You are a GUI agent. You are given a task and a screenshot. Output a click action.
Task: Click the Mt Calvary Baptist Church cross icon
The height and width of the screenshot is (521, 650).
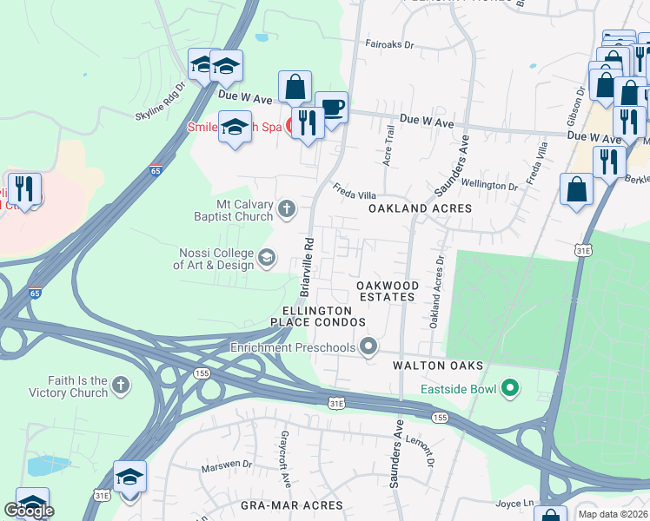click(x=287, y=208)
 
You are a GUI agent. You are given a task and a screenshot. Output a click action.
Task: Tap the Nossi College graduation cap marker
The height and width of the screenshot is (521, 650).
click(x=267, y=257)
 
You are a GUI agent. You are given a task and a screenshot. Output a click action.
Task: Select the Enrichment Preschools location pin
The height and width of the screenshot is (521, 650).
click(x=368, y=347)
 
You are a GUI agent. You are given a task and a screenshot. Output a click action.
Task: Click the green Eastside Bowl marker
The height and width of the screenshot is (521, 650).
click(x=510, y=388)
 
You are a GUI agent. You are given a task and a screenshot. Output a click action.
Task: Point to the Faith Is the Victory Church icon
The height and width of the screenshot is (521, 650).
click(x=121, y=385)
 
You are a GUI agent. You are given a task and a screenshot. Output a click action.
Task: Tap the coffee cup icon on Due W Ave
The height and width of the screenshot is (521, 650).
click(x=331, y=109)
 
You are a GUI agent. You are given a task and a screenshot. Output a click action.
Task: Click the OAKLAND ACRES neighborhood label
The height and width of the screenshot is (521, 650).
click(x=420, y=208)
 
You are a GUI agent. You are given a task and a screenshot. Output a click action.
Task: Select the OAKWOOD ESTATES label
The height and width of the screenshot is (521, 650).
click(x=387, y=291)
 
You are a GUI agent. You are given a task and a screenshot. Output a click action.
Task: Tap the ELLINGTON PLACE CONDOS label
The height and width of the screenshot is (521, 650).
click(x=317, y=316)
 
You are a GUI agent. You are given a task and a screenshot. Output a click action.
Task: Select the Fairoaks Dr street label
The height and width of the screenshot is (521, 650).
click(x=388, y=43)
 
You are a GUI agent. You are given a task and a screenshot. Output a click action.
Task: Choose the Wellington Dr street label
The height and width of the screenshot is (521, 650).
click(x=489, y=184)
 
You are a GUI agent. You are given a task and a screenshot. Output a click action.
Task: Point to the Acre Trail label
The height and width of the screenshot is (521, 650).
click(x=389, y=146)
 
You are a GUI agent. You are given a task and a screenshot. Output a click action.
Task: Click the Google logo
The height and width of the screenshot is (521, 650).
click(x=29, y=511)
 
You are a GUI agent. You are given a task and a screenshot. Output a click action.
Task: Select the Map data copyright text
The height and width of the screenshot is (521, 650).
click(x=613, y=514)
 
